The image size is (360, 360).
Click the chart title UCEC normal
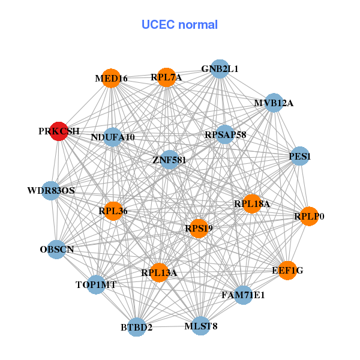point(179,25)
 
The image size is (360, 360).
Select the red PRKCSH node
point(59,131)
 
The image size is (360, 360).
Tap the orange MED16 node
point(111,78)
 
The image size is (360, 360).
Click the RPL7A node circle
point(166,77)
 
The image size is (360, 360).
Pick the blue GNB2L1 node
point(220,69)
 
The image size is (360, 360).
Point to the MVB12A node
point(274,103)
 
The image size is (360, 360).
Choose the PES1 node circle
point(299,156)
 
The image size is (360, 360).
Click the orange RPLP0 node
point(308,216)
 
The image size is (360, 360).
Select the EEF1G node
point(287,271)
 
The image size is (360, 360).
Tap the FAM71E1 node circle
point(243,295)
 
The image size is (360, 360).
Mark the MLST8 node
point(201,326)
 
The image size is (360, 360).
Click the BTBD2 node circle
point(137,327)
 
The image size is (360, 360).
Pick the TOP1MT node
point(96,284)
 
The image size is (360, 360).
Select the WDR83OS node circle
point(51,191)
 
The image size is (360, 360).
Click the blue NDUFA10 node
point(113,137)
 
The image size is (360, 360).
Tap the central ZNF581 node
point(170,160)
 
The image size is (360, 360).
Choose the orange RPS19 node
point(199,228)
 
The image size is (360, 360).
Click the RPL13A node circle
point(159,273)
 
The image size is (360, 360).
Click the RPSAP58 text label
point(225,135)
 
